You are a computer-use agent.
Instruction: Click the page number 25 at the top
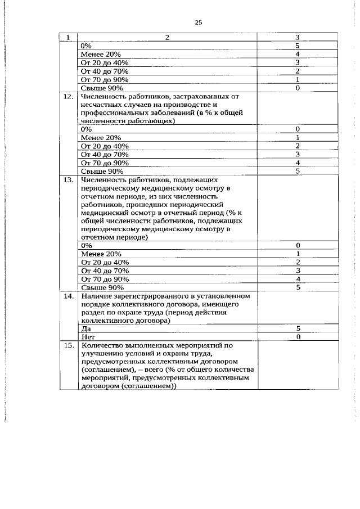pyautogui.click(x=198, y=23)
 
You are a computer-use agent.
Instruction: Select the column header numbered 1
pyautogui.click(x=68, y=38)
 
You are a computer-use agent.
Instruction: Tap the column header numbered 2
pyautogui.click(x=167, y=38)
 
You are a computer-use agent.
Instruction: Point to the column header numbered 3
pyautogui.click(x=297, y=38)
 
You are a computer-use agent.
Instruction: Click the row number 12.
pyautogui.click(x=68, y=97)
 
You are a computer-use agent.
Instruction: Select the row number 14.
pyautogui.click(x=68, y=295)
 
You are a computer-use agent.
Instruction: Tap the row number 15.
pyautogui.click(x=68, y=345)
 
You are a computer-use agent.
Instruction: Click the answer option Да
pyautogui.click(x=85, y=328)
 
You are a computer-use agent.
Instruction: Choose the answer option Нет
pyautogui.click(x=87, y=337)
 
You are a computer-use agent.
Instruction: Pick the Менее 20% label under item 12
pyautogui.click(x=101, y=137)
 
